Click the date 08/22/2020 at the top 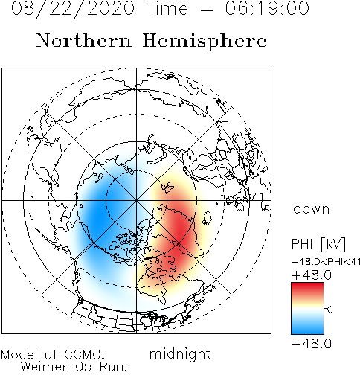tap(73, 9)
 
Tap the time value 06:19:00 tap(267, 8)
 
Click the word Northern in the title tap(84, 40)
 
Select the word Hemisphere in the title tap(205, 42)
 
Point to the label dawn tap(312, 209)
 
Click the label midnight tap(180, 354)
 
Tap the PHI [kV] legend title tap(318, 244)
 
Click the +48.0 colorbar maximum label tap(312, 275)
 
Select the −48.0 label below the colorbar tap(312, 344)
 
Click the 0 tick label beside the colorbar tap(330, 310)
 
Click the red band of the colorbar tap(307, 289)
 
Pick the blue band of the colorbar tap(307, 327)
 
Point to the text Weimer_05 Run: tap(74, 367)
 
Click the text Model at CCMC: tap(53, 355)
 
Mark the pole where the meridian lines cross tap(136, 200)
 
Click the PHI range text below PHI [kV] tap(326, 262)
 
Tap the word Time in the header tap(167, 8)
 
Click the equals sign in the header tap(206, 10)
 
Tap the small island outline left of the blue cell tap(81, 206)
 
